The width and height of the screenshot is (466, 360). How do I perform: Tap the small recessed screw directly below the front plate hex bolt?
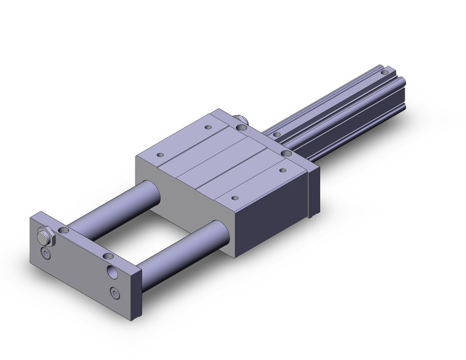(45, 253)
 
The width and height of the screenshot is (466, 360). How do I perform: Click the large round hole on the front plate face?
(113, 271)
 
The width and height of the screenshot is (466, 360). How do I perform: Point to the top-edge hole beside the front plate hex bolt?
(64, 229)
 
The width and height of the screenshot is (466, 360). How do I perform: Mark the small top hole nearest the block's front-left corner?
(161, 155)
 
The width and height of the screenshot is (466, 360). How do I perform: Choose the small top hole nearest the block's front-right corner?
(236, 197)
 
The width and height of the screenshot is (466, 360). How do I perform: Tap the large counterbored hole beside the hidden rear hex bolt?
(242, 128)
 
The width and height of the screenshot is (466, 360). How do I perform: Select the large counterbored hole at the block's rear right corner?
(287, 153)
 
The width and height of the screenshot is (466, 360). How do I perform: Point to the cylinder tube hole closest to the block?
(277, 134)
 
